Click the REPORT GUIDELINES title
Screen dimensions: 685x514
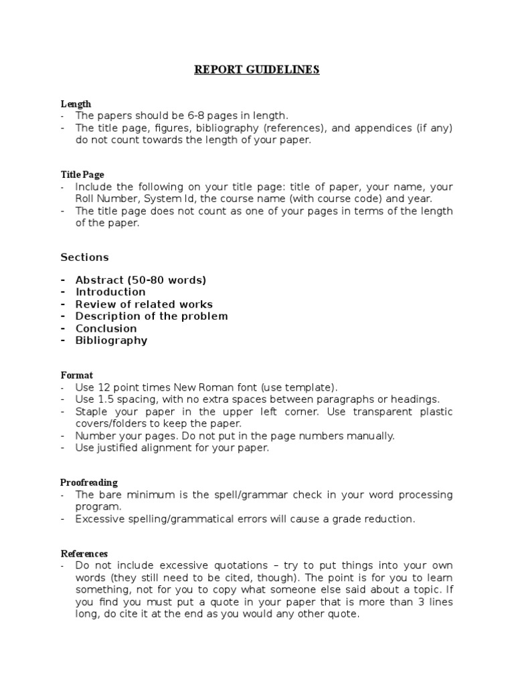click(x=257, y=70)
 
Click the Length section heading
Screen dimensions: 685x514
click(x=76, y=104)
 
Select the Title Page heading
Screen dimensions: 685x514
click(x=82, y=175)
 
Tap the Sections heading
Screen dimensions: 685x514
click(x=84, y=257)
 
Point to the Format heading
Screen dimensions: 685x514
click(x=77, y=375)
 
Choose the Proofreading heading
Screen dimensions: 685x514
click(x=89, y=482)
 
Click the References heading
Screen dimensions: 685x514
click(x=84, y=554)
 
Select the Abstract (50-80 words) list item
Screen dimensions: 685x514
click(x=141, y=280)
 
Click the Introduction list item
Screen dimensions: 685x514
click(x=110, y=292)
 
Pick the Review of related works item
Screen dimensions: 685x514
click(x=144, y=304)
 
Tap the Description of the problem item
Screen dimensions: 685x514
click(x=151, y=316)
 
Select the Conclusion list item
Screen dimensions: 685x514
click(x=106, y=328)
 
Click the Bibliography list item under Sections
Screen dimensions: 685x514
click(x=111, y=340)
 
